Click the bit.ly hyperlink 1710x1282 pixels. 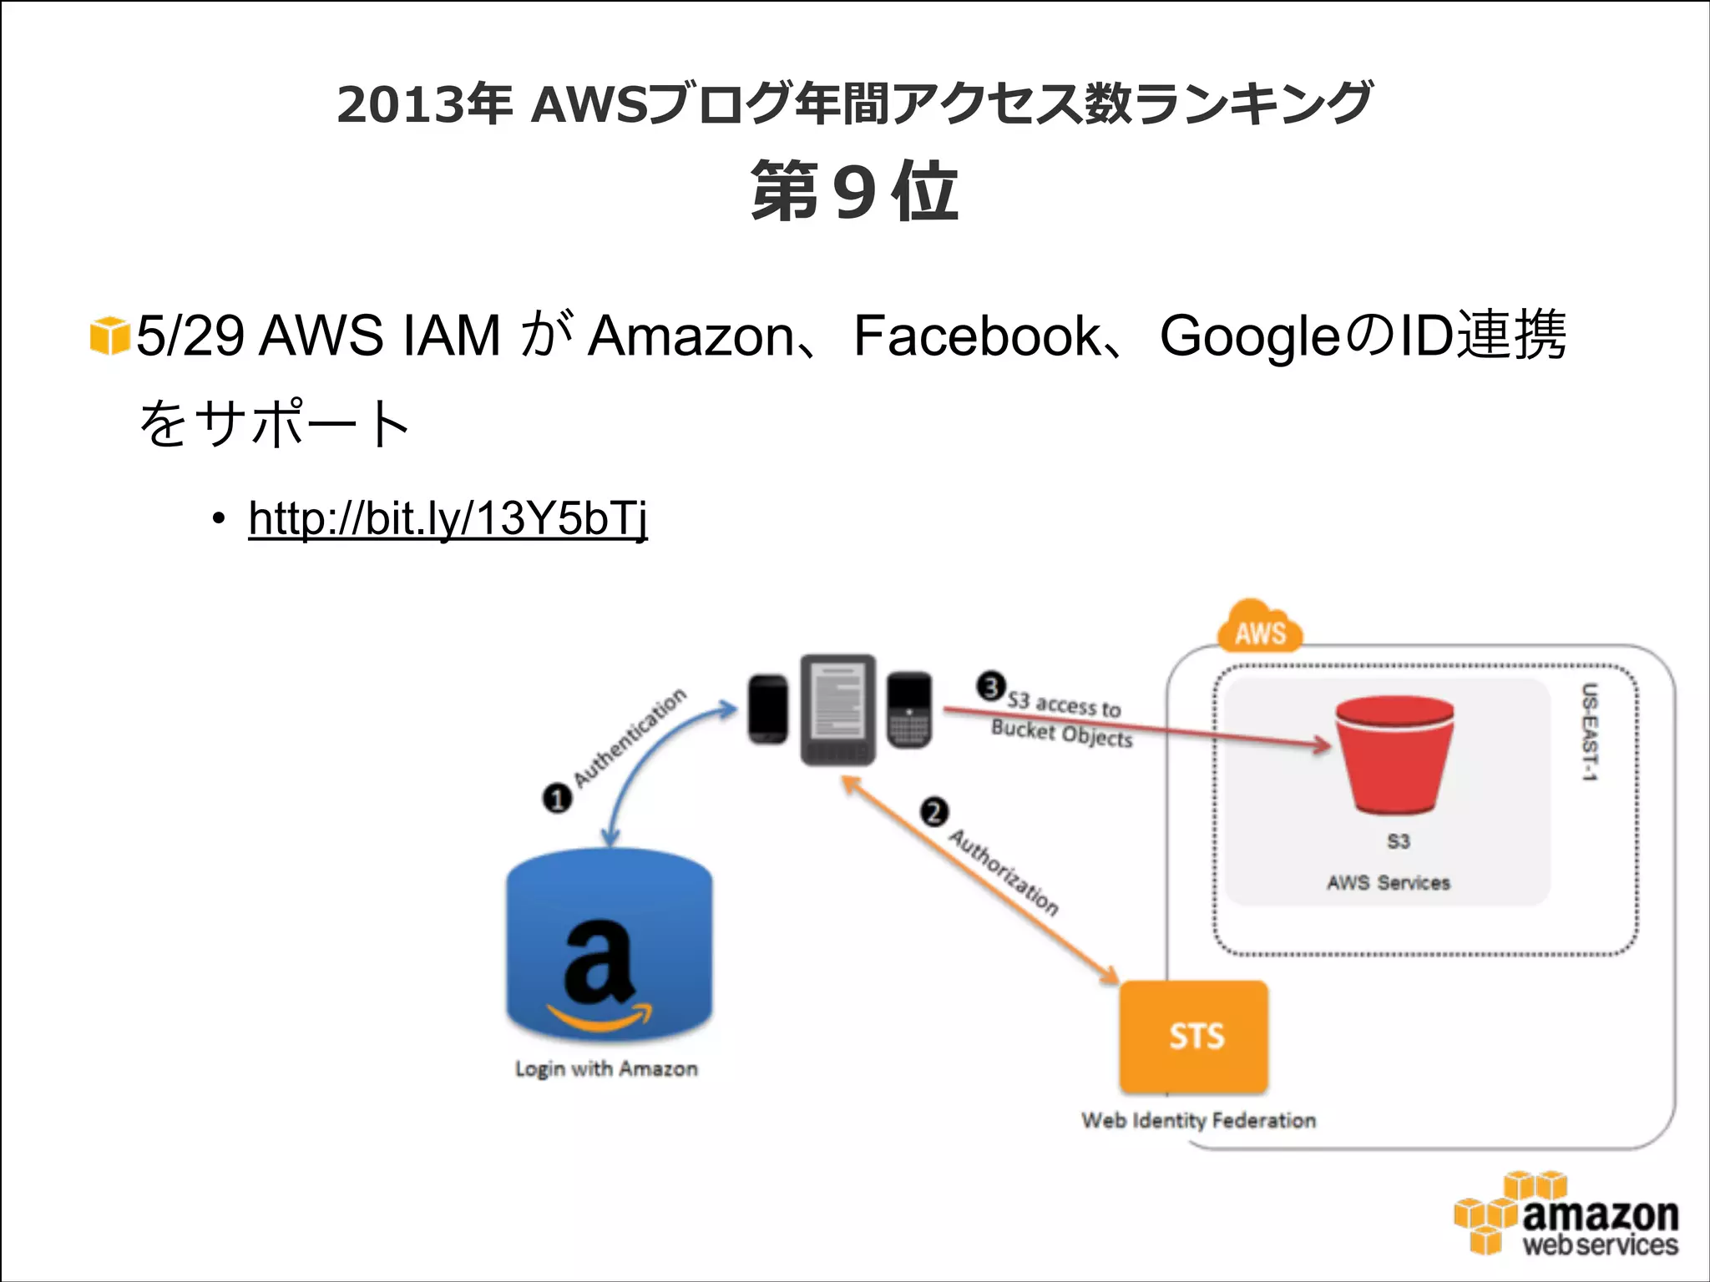click(x=448, y=518)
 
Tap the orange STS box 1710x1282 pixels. click(x=1194, y=1037)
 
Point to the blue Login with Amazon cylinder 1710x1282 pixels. click(x=609, y=947)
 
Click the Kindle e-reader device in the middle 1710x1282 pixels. click(x=837, y=709)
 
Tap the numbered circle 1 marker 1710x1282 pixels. click(x=557, y=799)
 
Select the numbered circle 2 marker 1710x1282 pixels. click(x=934, y=812)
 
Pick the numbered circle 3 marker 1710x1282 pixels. click(x=991, y=687)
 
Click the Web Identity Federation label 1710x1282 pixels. click(x=1198, y=1120)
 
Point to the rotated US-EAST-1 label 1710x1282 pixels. click(x=1590, y=732)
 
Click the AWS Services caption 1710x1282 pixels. click(x=1389, y=882)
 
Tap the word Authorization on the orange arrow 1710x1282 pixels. click(x=1004, y=872)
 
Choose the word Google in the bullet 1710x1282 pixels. click(x=1249, y=336)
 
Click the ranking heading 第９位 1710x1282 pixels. click(x=854, y=192)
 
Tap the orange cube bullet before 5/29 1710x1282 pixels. click(x=109, y=336)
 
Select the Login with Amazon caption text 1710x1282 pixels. click(x=606, y=1069)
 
